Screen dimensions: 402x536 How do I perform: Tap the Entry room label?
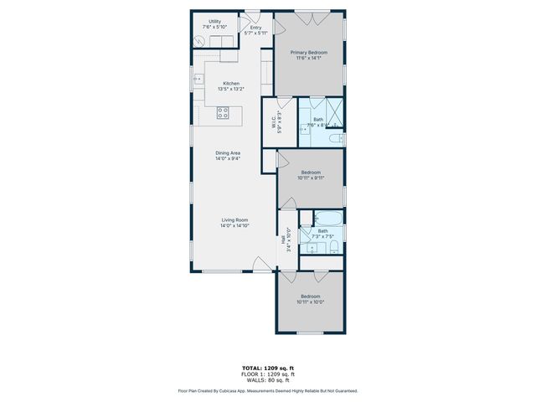point(255,30)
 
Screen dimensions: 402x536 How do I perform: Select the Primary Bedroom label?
point(309,55)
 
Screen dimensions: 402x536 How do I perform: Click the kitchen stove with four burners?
point(224,112)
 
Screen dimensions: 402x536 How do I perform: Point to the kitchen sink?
point(199,80)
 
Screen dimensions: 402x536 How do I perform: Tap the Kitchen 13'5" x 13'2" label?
point(231,85)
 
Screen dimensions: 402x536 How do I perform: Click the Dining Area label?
point(228,156)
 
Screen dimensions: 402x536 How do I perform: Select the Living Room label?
point(234,223)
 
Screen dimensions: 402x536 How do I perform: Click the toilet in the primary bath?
point(335,137)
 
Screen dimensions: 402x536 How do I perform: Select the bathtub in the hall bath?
point(327,221)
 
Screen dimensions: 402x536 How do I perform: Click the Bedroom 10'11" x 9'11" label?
point(311,176)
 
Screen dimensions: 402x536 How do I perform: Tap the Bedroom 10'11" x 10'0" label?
point(310,300)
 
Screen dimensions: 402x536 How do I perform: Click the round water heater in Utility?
point(199,42)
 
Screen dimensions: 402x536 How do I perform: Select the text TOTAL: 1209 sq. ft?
point(267,368)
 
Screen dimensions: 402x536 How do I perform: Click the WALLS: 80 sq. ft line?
point(267,381)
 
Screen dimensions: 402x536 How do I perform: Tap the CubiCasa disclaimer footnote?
point(267,390)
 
